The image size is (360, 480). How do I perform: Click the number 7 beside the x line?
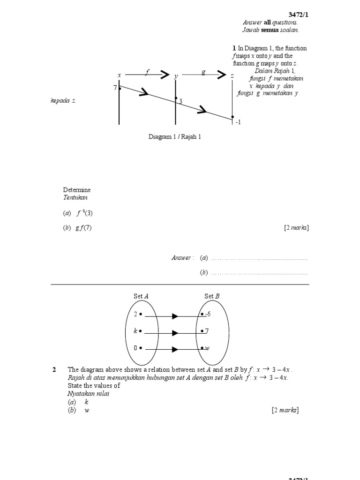pos(115,88)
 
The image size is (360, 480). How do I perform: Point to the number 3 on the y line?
pos(180,101)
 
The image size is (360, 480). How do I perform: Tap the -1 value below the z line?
pos(238,122)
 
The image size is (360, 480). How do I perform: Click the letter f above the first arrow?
pos(147,72)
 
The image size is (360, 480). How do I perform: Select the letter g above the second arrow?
pos(203,72)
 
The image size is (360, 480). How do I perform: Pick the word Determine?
pos(77,190)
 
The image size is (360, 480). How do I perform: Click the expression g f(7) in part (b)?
pos(83,228)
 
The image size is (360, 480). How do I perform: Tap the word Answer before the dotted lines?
pos(181,258)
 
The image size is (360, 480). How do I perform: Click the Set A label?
pos(141,296)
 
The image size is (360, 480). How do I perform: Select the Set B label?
pos(212,296)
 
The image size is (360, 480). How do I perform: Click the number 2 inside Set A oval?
pos(135,315)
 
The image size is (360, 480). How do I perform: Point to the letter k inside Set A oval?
pos(135,331)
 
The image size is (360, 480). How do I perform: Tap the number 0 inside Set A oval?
pos(135,348)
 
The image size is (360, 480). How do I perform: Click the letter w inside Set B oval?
pos(207,348)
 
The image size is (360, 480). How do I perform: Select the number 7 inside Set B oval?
pos(206,331)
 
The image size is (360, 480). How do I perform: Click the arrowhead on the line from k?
pos(175,333)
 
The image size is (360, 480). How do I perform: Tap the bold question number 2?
pos(54,369)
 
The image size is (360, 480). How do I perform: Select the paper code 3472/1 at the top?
pos(300,15)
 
